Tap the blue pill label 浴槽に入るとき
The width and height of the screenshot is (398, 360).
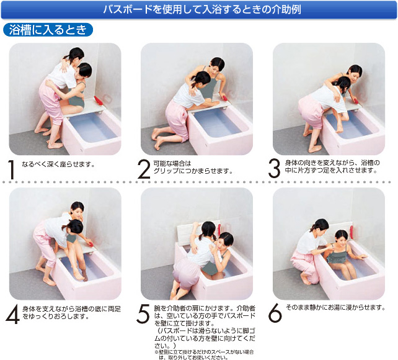tap(48, 30)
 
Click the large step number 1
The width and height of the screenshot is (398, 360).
tap(11, 169)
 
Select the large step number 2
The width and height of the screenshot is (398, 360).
tap(144, 169)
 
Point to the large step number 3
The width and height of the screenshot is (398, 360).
tap(274, 169)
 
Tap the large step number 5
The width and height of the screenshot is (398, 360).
tap(143, 314)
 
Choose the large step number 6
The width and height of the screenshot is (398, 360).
tap(275, 313)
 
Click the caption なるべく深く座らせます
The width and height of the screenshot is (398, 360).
tap(58, 164)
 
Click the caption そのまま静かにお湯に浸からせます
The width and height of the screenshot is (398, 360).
tap(335, 307)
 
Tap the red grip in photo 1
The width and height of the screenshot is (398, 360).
tap(98, 101)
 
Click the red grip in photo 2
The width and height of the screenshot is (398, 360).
tap(226, 98)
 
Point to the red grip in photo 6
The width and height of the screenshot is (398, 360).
tap(352, 232)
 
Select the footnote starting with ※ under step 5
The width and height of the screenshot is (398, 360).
tap(204, 354)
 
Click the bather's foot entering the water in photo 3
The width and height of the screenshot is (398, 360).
tap(340, 130)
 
